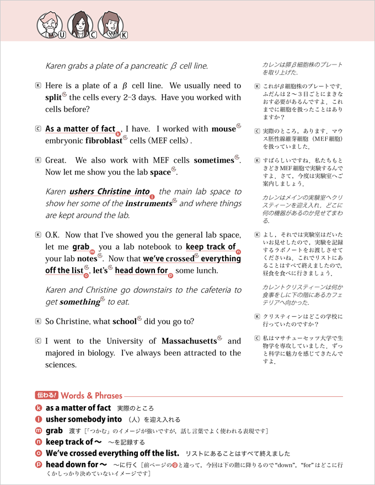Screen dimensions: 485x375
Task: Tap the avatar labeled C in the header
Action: [79, 24]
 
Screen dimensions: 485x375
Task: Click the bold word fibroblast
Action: [103, 141]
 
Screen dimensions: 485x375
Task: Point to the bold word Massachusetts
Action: [189, 341]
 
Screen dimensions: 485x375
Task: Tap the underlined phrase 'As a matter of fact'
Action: [80, 129]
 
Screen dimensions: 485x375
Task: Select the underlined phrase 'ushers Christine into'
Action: [109, 192]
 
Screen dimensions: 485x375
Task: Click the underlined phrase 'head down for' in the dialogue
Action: [141, 271]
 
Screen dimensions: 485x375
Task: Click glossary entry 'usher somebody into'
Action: [84, 419]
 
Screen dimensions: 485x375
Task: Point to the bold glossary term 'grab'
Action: [54, 430]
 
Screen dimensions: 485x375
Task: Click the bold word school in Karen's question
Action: [124, 322]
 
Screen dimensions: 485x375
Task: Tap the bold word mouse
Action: [223, 129]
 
